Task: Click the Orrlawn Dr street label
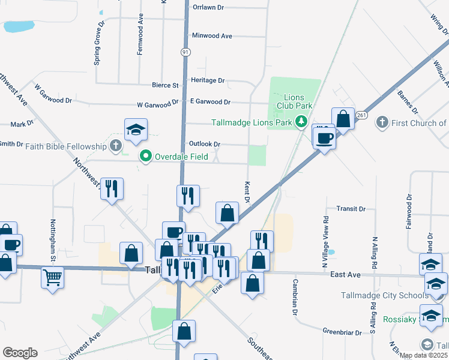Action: pyautogui.click(x=208, y=8)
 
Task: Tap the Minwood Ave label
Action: pyautogui.click(x=212, y=36)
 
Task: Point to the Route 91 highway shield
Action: pyautogui.click(x=185, y=53)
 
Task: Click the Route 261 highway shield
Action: pyautogui.click(x=361, y=115)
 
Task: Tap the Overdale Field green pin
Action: pyautogui.click(x=145, y=157)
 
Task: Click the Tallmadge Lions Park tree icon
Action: pyautogui.click(x=301, y=123)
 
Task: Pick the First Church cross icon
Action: pyautogui.click(x=381, y=123)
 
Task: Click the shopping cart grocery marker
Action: pyautogui.click(x=53, y=277)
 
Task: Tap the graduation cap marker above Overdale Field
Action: pyautogui.click(x=136, y=129)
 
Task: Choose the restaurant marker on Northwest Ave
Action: pyautogui.click(x=112, y=188)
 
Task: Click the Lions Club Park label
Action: pyautogui.click(x=294, y=101)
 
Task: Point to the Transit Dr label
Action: pyautogui.click(x=351, y=209)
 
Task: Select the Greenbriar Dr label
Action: pyautogui.click(x=342, y=332)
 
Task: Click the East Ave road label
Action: pyautogui.click(x=345, y=274)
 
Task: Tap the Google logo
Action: pyautogui.click(x=20, y=353)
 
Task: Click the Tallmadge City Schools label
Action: pyautogui.click(x=376, y=295)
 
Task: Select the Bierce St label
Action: pyautogui.click(x=166, y=86)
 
